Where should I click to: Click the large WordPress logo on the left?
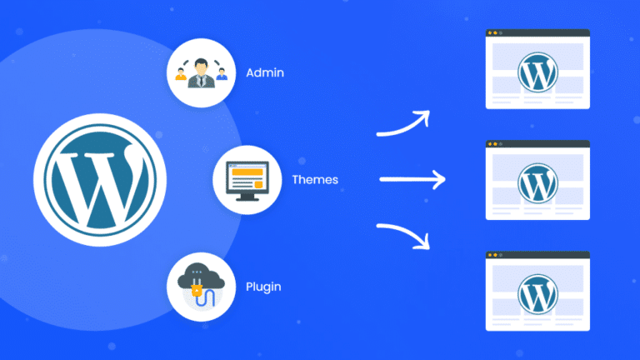[x=99, y=178]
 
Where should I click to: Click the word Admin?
[x=265, y=72]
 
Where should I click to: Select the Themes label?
[x=315, y=179]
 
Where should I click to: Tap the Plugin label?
[x=264, y=287]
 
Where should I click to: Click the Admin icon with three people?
[x=200, y=73]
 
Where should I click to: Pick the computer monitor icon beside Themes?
[x=246, y=179]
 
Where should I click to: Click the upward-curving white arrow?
[x=403, y=123]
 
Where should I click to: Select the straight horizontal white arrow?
[x=412, y=178]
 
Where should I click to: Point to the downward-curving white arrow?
[x=403, y=235]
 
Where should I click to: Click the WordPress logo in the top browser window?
[x=537, y=72]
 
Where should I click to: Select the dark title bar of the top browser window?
[x=537, y=33]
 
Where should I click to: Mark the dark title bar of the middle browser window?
[x=537, y=144]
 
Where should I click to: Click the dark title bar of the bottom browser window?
[x=537, y=255]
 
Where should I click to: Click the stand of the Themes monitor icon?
[x=246, y=197]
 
